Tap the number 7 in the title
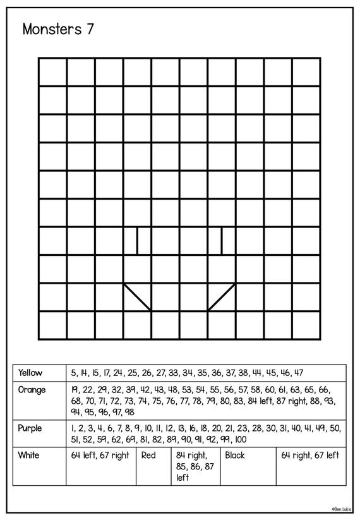[91, 29]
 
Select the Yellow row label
[31, 373]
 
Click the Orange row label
[32, 390]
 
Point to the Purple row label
[30, 428]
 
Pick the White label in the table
[29, 455]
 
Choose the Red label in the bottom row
[148, 455]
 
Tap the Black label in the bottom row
[234, 455]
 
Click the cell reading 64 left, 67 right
[99, 455]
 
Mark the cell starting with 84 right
[195, 466]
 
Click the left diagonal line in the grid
[138, 297]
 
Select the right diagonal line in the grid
[222, 297]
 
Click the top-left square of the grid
[52, 71]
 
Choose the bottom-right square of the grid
[306, 325]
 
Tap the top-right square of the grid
[306, 71]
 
